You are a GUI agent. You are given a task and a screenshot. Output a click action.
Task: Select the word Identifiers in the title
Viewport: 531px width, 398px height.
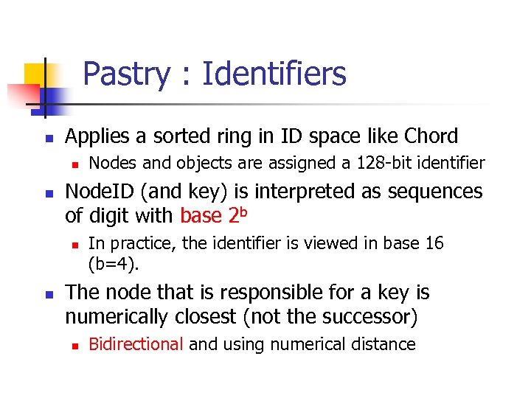(x=274, y=74)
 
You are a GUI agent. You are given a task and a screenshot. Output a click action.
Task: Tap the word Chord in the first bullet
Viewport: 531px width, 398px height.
(x=431, y=136)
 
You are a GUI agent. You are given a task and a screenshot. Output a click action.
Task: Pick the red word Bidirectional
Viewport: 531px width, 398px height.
(x=136, y=344)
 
